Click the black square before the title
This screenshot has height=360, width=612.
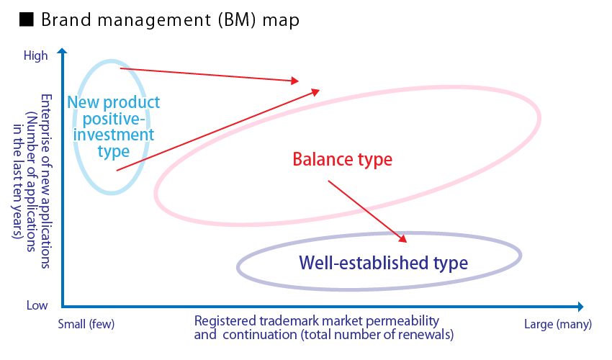tap(27, 19)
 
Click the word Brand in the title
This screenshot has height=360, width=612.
tap(67, 19)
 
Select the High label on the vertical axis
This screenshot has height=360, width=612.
tap(35, 55)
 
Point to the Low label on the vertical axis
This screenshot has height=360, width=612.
tap(37, 305)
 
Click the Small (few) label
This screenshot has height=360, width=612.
tap(86, 324)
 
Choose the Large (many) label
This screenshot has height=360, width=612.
tap(558, 324)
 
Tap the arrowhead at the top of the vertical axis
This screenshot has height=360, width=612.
tap(62, 50)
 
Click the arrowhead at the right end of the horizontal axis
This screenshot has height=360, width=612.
tap(580, 307)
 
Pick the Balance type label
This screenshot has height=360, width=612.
tap(342, 159)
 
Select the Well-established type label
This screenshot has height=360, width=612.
tap(383, 263)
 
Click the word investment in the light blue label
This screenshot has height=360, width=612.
tap(114, 135)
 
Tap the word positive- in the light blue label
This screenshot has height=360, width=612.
tap(114, 119)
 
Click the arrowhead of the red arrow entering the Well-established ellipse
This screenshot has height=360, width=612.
tap(403, 239)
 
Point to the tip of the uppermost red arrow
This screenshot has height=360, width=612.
tap(299, 81)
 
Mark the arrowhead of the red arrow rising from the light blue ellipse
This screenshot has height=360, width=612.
tap(316, 91)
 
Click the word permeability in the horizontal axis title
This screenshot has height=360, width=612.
tap(403, 321)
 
